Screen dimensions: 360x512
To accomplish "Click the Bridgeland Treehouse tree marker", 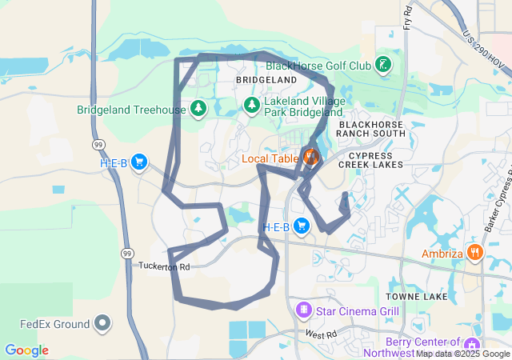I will pyautogui.click(x=198, y=108).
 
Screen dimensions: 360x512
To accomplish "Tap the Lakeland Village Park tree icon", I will pyautogui.click(x=252, y=105).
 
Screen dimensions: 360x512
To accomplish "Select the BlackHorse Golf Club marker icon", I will pyautogui.click(x=384, y=64).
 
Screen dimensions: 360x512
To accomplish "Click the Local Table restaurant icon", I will pyautogui.click(x=310, y=157).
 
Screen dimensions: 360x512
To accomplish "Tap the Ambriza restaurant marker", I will pyautogui.click(x=475, y=253).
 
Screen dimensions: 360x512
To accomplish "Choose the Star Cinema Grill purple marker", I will pyautogui.click(x=303, y=309).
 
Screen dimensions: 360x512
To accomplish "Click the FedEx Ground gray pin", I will pyautogui.click(x=102, y=324).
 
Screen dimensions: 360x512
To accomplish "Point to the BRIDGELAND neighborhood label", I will pyautogui.click(x=266, y=81).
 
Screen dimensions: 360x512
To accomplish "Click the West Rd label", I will pyautogui.click(x=322, y=334).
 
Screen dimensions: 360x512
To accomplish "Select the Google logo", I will pyautogui.click(x=26, y=350).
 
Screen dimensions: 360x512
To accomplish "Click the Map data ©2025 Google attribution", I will pyautogui.click(x=463, y=354).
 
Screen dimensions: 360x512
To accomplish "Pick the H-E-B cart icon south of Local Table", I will pyautogui.click(x=302, y=227).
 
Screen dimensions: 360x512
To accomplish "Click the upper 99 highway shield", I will pyautogui.click(x=98, y=144).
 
